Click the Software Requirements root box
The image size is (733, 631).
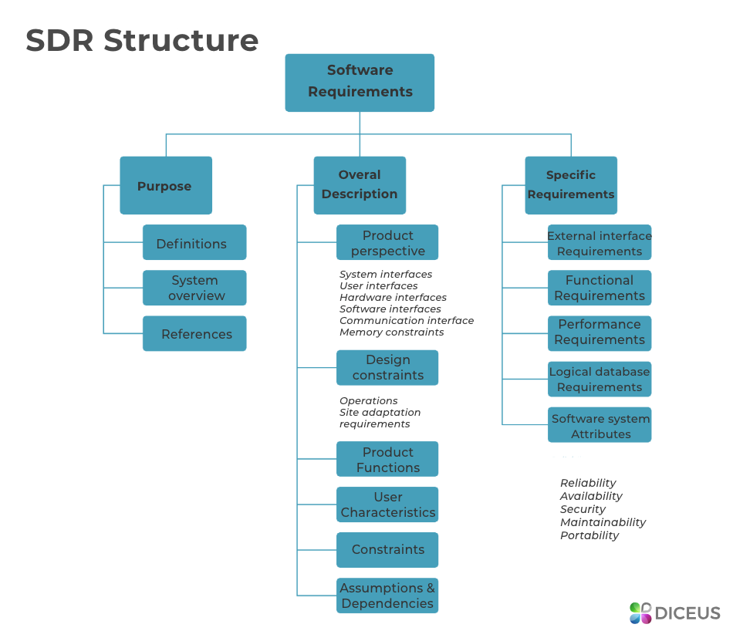pos(360,82)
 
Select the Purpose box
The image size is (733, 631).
pos(165,185)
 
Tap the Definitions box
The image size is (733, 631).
pos(194,242)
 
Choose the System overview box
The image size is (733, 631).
pos(194,288)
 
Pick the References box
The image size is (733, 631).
pos(194,333)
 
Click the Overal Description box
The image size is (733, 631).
pos(360,185)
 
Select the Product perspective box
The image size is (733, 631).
pos(387,242)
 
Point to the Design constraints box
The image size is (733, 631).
pos(387,367)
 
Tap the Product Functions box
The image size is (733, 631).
pos(387,459)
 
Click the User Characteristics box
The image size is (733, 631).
pos(387,504)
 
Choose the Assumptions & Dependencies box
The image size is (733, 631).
pos(387,596)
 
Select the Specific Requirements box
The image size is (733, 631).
pos(571,185)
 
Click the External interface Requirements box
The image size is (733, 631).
pos(600,242)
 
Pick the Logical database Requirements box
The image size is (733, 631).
pos(600,379)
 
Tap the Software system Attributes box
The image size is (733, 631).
pos(600,425)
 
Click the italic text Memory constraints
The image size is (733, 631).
pos(391,332)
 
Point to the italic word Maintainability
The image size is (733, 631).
pos(603,522)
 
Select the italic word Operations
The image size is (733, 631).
pos(369,401)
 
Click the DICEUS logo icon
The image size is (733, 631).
pos(640,613)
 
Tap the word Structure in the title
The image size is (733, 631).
pos(181,40)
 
